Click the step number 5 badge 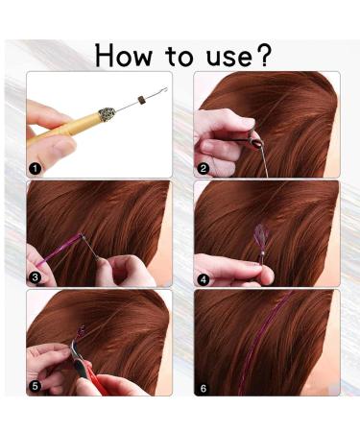click(x=36, y=386)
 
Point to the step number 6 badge click(x=204, y=386)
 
